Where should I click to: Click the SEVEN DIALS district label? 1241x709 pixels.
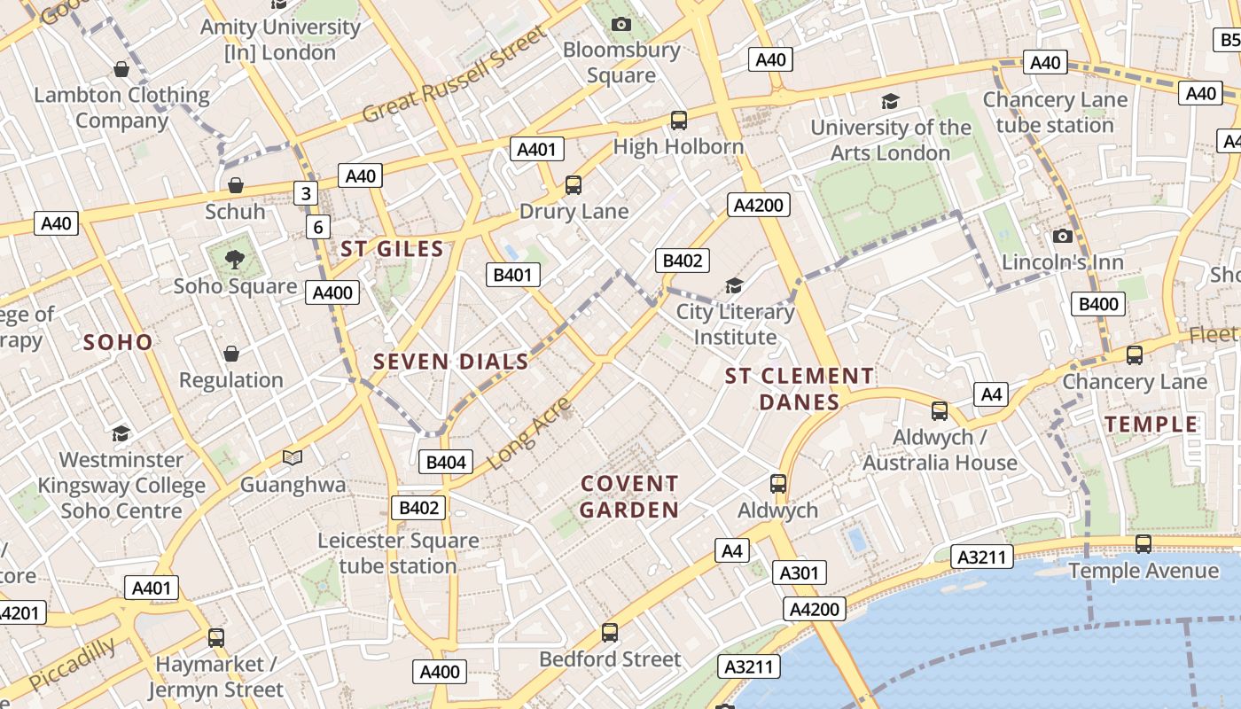(450, 362)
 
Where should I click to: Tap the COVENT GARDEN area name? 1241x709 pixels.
(629, 496)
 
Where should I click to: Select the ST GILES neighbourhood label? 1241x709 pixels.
(392, 249)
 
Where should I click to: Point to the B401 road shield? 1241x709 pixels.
(513, 275)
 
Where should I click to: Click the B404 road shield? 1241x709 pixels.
(445, 462)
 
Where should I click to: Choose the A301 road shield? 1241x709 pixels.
(799, 573)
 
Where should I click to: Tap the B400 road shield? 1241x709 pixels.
(1098, 304)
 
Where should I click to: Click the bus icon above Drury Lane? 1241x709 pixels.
(574, 185)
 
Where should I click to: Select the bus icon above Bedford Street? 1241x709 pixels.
(610, 633)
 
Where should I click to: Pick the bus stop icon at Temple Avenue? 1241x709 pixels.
(1143, 544)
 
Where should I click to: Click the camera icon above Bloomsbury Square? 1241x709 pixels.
(621, 24)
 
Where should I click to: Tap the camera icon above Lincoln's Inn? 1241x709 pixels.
(1062, 236)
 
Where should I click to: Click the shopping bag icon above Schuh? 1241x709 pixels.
(236, 185)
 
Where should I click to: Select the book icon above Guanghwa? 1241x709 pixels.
(293, 458)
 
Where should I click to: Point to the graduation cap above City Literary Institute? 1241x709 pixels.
(734, 285)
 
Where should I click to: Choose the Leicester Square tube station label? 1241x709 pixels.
(398, 553)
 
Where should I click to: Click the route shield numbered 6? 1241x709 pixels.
(318, 227)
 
